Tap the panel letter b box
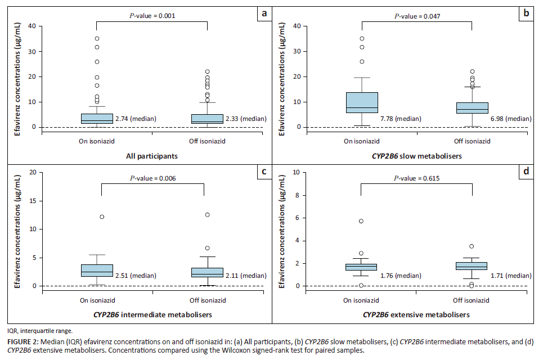tap(526, 13)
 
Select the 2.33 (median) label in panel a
tap(246, 119)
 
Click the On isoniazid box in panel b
tap(361, 102)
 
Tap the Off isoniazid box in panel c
tap(204, 272)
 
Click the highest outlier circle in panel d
tap(361, 221)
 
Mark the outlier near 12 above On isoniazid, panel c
tap(102, 217)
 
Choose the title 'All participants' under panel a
tap(152, 156)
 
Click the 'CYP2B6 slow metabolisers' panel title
tap(416, 156)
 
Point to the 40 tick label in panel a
tap(32, 26)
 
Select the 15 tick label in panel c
tap(32, 200)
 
